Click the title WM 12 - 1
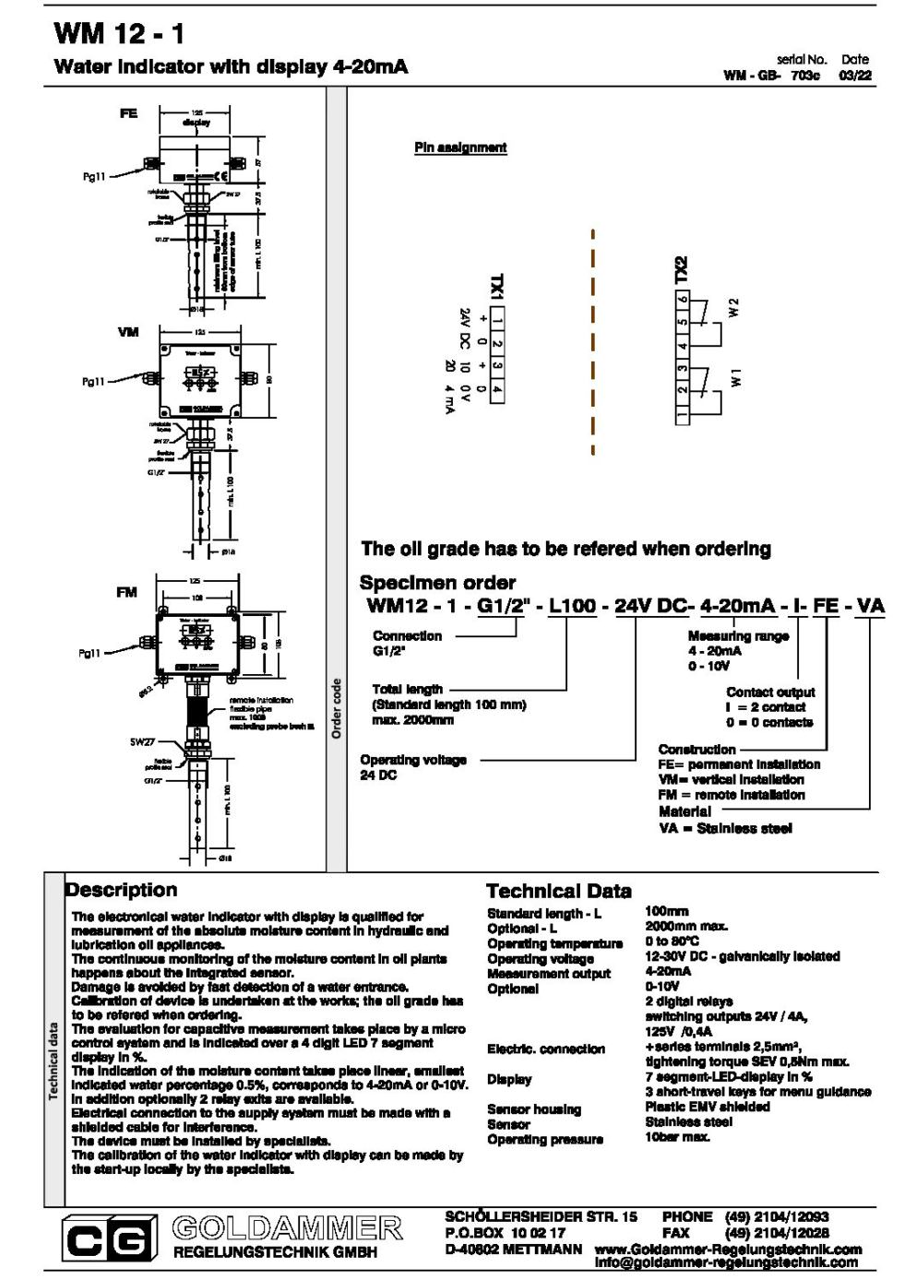pyautogui.click(x=119, y=34)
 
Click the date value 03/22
pyautogui.click(x=854, y=76)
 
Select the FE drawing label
pyautogui.click(x=128, y=113)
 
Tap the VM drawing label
pyautogui.click(x=128, y=332)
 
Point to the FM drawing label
pyautogui.click(x=126, y=593)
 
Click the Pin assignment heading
pyautogui.click(x=460, y=148)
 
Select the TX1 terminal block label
pyautogui.click(x=496, y=287)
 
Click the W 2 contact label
pyautogui.click(x=734, y=308)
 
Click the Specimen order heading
pyautogui.click(x=437, y=583)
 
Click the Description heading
pyautogui.click(x=121, y=890)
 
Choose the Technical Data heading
pyautogui.click(x=558, y=891)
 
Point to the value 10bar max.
pyautogui.click(x=677, y=1137)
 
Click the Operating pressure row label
pyautogui.click(x=544, y=1140)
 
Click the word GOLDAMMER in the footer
pyautogui.click(x=287, y=1228)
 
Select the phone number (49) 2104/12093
pyautogui.click(x=777, y=1217)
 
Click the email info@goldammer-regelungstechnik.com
pyautogui.click(x=726, y=1262)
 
